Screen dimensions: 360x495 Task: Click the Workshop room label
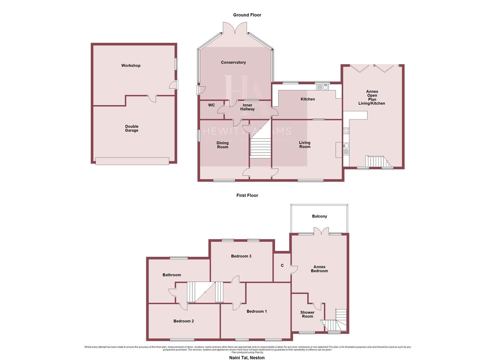coord(131,66)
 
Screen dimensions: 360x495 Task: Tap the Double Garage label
coord(132,128)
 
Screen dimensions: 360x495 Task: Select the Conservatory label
coord(233,62)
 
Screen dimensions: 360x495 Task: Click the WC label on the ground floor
coord(211,105)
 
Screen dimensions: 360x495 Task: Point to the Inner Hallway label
coord(247,107)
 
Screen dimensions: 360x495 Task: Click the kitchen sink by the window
coord(323,87)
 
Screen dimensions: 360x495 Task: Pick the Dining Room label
coord(223,145)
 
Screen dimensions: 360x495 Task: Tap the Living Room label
coord(305,145)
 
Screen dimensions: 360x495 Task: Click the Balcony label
coord(319,216)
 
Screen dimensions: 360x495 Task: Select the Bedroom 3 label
coord(241,256)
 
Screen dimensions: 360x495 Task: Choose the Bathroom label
coord(172,275)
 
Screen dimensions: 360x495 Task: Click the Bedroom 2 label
coord(183,321)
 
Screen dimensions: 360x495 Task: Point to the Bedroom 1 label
coord(257,311)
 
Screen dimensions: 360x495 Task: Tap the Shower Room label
coord(307,314)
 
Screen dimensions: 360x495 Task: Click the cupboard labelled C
coord(282,266)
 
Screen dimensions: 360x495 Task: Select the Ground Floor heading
coord(247,15)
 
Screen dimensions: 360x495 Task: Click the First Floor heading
coord(247,196)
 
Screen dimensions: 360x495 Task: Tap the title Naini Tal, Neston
coord(247,358)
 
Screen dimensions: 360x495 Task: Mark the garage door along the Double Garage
coord(132,161)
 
